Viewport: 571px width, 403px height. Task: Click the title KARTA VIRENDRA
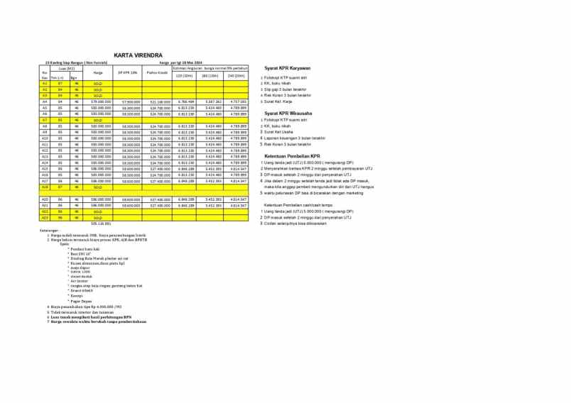pyautogui.click(x=138, y=55)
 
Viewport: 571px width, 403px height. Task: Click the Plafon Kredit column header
pyautogui.click(x=156, y=72)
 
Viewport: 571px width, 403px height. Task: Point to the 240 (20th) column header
pyautogui.click(x=236, y=75)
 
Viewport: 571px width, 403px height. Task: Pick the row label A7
pyautogui.click(x=44, y=120)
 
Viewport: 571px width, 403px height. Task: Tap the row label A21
pyautogui.click(x=44, y=205)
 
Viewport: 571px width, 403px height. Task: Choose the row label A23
pyautogui.click(x=44, y=217)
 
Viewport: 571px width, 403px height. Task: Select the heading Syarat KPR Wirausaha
pyautogui.click(x=290, y=113)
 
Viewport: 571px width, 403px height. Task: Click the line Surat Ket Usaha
pyautogui.click(x=280, y=131)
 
